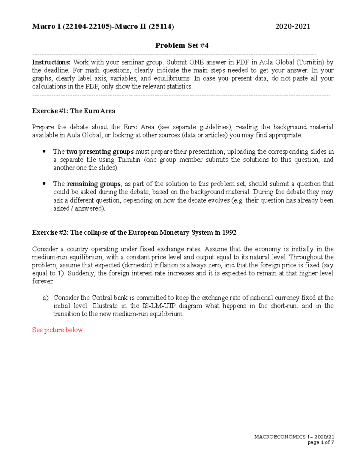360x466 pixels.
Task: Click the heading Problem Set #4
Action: [181, 45]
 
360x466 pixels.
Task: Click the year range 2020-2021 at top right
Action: [292, 26]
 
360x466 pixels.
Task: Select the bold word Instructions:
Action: [51, 62]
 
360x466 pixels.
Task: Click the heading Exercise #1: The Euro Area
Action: [73, 111]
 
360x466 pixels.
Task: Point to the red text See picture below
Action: [57, 330]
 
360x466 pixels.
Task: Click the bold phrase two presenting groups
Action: [100, 152]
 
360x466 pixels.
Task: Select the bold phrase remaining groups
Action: [94, 184]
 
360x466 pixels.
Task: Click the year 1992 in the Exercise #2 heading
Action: [229, 233]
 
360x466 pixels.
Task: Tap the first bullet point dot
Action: [44, 151]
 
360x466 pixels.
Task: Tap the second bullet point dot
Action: [44, 183]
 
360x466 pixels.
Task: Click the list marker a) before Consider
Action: [46, 298]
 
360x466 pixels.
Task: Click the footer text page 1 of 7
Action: [321, 442]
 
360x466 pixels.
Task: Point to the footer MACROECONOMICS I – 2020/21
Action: [294, 437]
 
